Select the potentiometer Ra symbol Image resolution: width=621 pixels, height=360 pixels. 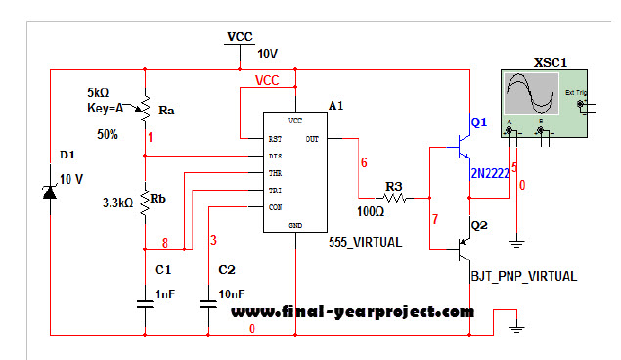144,107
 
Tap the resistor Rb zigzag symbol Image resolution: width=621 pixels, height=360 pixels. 144,202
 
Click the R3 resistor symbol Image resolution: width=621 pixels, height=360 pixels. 393,197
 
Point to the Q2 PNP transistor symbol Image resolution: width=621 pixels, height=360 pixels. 463,247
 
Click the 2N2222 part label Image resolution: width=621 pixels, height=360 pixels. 490,174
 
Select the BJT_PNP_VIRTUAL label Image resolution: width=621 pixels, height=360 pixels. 524,277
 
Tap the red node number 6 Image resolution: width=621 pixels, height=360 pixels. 363,162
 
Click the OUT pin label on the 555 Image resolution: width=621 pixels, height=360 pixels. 311,139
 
